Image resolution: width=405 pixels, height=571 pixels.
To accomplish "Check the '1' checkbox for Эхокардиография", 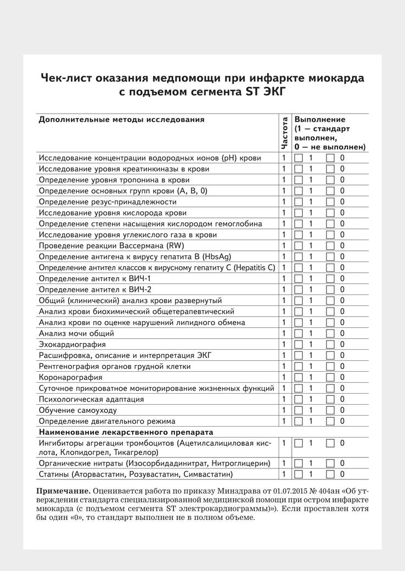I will click(299, 345).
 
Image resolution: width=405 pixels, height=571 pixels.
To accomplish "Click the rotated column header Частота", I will click(284, 133).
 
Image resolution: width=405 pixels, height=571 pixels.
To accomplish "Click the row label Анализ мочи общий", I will click(76, 333).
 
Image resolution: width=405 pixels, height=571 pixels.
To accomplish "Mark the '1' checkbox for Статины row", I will click(299, 474).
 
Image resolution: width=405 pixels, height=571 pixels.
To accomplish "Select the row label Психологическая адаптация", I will click(92, 399).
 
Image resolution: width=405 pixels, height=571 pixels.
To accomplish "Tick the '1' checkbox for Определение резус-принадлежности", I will click(299, 202).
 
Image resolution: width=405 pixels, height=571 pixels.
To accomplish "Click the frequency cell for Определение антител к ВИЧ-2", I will click(284, 289).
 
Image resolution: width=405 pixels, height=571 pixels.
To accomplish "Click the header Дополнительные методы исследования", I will click(121, 119).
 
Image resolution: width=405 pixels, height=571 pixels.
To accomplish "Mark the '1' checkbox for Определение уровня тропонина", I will click(299, 180).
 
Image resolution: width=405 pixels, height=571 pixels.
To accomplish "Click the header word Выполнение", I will click(320, 119).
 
